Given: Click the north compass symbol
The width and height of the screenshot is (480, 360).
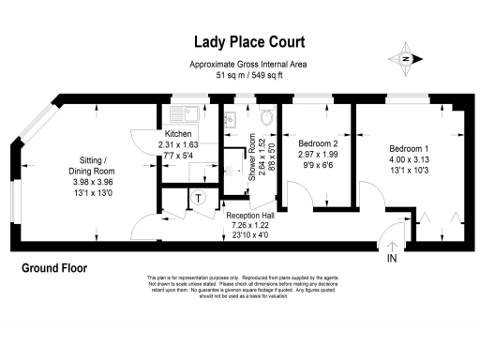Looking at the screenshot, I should (x=408, y=57).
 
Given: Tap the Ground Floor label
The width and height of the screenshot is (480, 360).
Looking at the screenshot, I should (x=53, y=269).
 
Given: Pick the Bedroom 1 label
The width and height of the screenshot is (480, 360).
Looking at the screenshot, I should (x=409, y=148).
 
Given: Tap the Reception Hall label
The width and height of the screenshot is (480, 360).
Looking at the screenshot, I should (x=248, y=216).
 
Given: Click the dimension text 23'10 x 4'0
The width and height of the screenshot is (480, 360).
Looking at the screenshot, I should (x=248, y=237).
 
